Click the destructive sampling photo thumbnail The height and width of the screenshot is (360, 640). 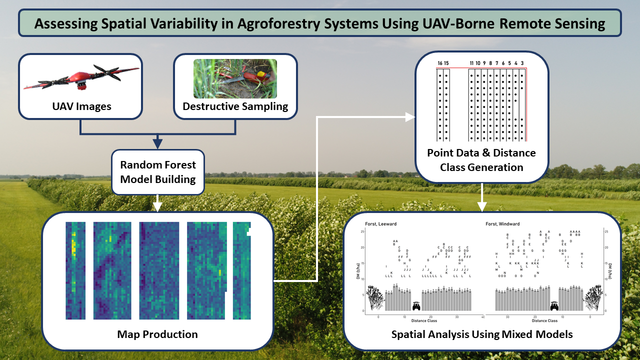235,78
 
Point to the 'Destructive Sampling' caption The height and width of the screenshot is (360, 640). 235,106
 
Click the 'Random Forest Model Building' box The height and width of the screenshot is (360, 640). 158,172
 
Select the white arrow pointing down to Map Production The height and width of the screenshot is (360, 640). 158,203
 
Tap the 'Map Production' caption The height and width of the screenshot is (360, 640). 157,334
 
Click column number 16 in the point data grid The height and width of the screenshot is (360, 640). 440,63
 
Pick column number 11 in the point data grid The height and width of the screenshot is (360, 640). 471,63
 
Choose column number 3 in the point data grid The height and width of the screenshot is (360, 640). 522,63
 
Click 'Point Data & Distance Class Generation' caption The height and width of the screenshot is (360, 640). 481,160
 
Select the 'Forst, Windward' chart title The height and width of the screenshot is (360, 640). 502,224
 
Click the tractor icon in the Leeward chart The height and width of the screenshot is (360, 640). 416,305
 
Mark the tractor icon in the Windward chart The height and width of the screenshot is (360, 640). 553,305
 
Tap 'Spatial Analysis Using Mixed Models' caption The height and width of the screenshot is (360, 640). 482,334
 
